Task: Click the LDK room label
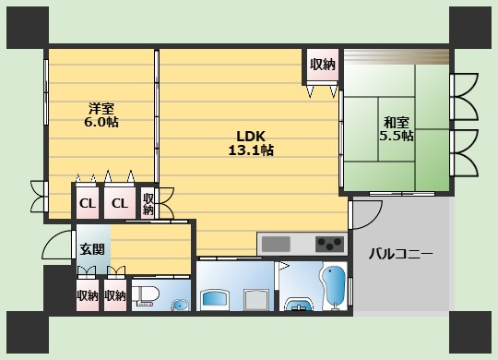click(x=251, y=137)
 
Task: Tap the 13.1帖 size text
click(x=251, y=150)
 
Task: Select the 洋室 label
click(x=101, y=109)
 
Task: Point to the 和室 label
click(x=396, y=123)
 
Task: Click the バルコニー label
click(x=401, y=254)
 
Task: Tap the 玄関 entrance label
click(x=92, y=249)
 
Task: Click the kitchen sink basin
click(x=276, y=245)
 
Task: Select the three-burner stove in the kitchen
click(x=329, y=245)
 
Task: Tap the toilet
click(x=146, y=295)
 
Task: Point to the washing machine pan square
click(x=255, y=300)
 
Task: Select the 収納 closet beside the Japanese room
click(x=323, y=65)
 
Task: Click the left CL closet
click(x=88, y=202)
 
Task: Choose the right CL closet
click(x=119, y=202)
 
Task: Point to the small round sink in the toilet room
click(x=180, y=306)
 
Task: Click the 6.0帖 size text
click(x=101, y=122)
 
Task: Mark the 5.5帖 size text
click(x=397, y=136)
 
